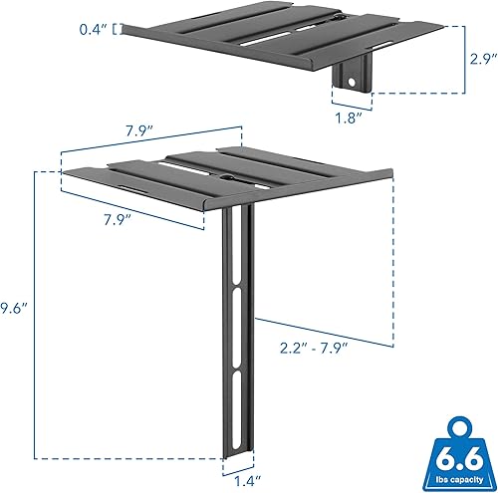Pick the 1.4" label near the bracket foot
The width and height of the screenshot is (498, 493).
click(x=239, y=480)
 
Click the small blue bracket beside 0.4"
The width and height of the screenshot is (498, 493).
click(x=122, y=30)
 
